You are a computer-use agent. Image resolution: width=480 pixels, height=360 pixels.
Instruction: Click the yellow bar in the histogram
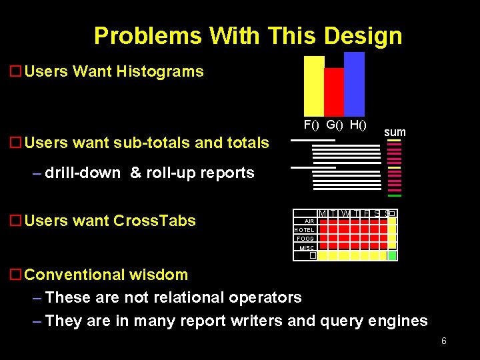pos(313,87)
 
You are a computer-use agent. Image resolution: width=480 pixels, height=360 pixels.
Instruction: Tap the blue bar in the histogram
pos(354,85)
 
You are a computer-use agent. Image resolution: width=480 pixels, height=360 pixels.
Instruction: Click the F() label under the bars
pos(312,125)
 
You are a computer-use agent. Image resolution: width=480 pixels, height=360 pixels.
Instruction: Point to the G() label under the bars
pos(335,125)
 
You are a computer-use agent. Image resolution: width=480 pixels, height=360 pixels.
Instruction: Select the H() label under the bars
pos(357,125)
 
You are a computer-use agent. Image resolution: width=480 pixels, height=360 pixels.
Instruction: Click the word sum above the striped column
pos(395,132)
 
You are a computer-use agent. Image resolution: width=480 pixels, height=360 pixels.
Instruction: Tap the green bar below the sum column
pos(395,195)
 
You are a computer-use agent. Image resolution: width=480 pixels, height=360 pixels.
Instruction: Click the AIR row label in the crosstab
pos(309,221)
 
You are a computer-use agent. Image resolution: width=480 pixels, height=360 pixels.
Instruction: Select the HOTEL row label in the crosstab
pos(305,230)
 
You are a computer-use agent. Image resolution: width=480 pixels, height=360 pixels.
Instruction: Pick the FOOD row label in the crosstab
pos(305,239)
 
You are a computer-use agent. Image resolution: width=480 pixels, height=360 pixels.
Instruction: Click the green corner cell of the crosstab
pos(392,255)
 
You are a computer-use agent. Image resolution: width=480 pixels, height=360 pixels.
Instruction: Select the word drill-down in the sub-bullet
pos(83,173)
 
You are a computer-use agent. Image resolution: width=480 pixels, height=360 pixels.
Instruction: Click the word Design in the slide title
pos(364,35)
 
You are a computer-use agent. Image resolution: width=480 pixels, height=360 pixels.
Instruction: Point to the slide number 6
pos(443,341)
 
